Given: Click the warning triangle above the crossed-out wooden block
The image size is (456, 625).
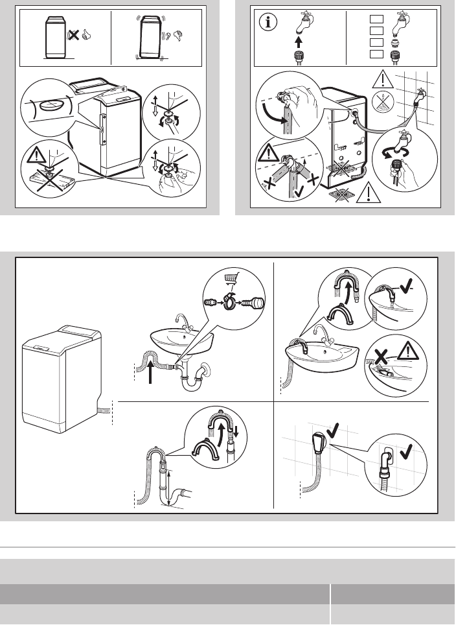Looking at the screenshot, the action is [37, 155].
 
